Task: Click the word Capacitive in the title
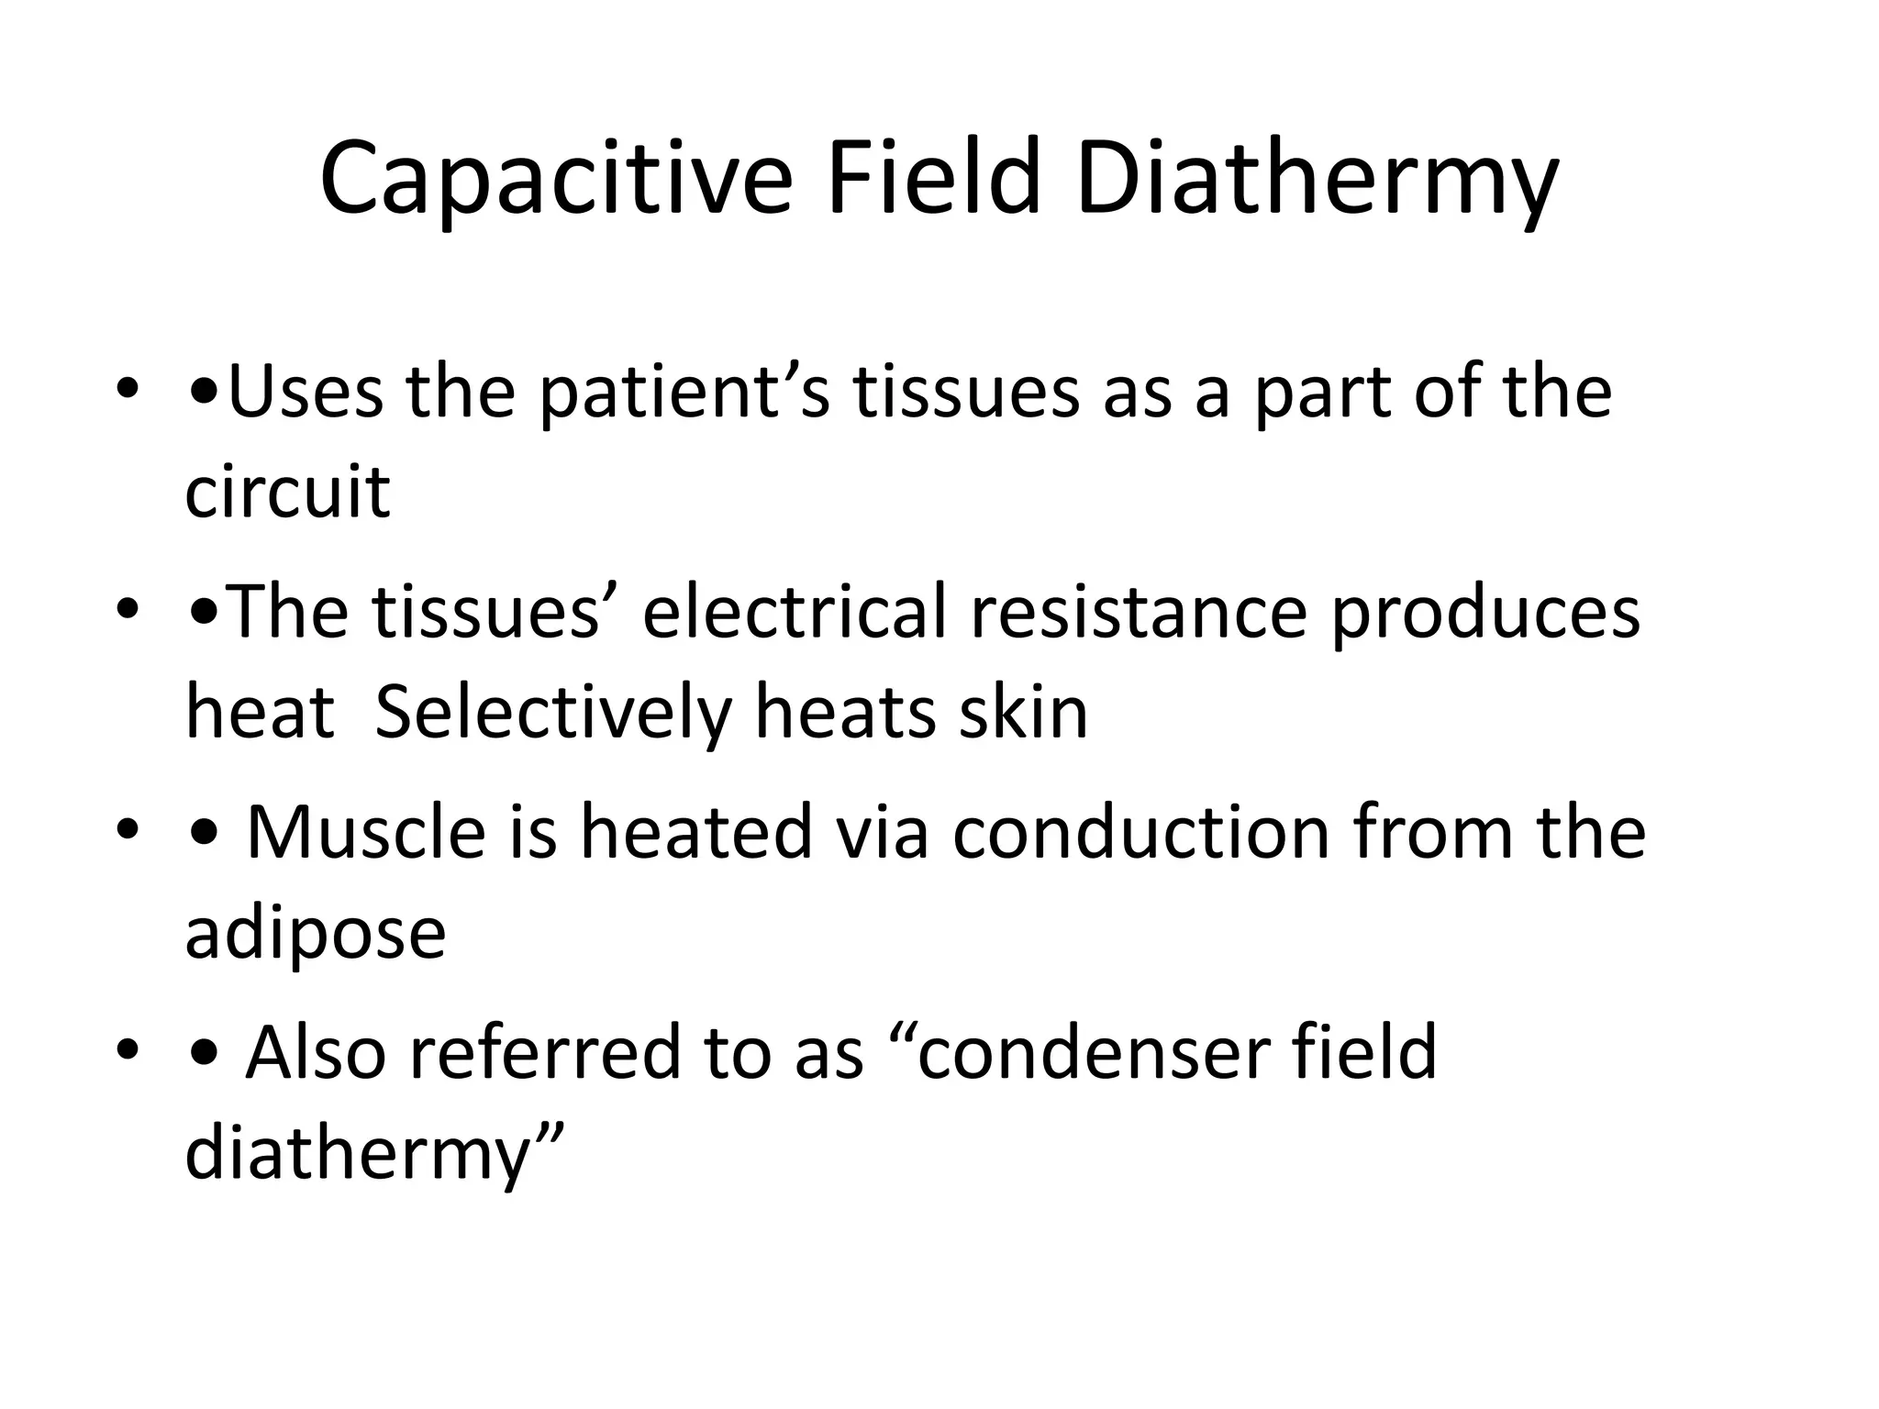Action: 555,179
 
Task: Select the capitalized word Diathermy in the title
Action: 1317,179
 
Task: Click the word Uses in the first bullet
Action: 305,392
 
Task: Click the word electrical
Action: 795,612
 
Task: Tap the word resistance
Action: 1138,614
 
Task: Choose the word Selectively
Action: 552,714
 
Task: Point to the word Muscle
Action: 365,832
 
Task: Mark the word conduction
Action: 1140,832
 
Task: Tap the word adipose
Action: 315,935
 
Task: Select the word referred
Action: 545,1052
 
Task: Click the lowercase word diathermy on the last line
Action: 359,1155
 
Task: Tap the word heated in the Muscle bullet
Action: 696,832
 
